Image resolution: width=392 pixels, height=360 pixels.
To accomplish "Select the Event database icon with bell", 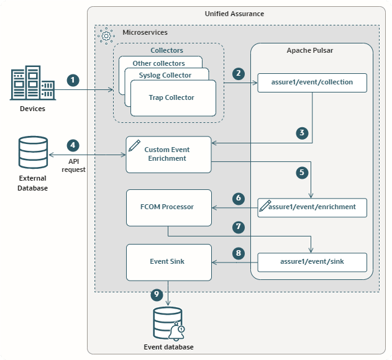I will tap(167, 323).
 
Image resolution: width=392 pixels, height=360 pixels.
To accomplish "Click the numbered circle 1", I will tap(74, 80).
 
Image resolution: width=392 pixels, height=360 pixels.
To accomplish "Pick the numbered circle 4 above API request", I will tap(73, 145).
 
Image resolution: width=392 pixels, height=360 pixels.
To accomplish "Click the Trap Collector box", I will tap(171, 97).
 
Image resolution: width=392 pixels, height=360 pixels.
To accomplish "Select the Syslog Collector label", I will tap(165, 75).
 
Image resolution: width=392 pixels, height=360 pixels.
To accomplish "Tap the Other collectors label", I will tap(158, 63).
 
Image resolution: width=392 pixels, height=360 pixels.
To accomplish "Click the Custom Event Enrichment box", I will tap(168, 154).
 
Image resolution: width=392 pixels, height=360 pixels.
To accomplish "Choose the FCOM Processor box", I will tap(168, 207).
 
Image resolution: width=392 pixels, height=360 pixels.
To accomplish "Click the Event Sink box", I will tap(168, 261).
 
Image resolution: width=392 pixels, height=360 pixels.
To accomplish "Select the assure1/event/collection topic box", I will tap(312, 83).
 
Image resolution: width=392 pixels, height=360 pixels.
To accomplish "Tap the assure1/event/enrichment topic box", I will tap(312, 207).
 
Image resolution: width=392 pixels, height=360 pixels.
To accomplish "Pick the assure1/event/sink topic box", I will tap(312, 262).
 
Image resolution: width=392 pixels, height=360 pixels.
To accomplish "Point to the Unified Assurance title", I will tap(234, 14).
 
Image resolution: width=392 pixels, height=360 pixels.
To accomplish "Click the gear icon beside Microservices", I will tap(106, 35).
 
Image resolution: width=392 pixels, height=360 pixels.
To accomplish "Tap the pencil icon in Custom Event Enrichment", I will tap(134, 145).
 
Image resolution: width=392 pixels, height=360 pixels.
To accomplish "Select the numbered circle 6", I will tap(238, 199).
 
